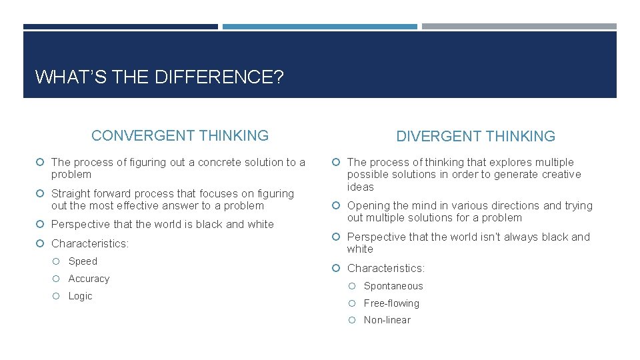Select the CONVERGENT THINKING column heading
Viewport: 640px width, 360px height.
[x=180, y=136]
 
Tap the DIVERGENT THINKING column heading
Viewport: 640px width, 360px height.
[x=475, y=137]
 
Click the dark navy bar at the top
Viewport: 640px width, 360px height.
[x=120, y=27]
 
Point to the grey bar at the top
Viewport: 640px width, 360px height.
[x=519, y=27]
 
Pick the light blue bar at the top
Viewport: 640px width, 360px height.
[x=319, y=27]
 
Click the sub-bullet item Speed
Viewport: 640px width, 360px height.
[x=83, y=261]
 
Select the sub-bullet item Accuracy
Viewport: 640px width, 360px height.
[x=89, y=279]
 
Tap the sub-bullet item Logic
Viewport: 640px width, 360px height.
[x=80, y=296]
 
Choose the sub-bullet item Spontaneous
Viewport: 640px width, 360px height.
[x=393, y=286]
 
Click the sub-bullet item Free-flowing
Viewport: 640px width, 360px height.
[x=391, y=303]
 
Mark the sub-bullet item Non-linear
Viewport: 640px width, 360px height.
[x=387, y=320]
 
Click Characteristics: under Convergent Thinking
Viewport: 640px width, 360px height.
[x=89, y=243]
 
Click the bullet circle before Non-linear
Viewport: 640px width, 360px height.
[x=353, y=320]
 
